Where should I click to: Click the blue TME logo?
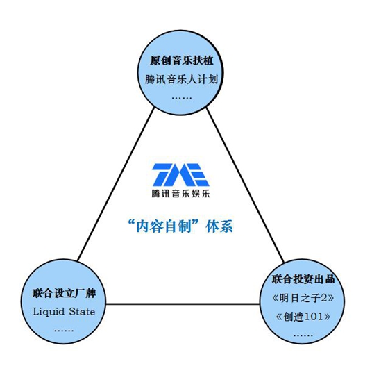pos(180,174)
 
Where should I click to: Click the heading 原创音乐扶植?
pos(182,60)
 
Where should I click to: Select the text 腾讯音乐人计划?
pos(181,79)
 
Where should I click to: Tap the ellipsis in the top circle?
pos(182,98)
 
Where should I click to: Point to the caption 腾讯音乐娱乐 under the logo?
pos(180,194)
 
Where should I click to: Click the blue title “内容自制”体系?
pos(180,226)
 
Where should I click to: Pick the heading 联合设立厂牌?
pos(64,293)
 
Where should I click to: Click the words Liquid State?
pos(64,312)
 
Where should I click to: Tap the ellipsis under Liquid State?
pos(64,331)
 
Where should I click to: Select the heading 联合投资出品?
pos(303,279)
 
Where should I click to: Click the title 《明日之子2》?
pos(303,298)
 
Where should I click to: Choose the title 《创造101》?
pos(303,317)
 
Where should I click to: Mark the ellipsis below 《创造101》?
pos(303,335)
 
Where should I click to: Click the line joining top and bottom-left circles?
pos(116,184)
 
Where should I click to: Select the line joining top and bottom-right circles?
pos(246,185)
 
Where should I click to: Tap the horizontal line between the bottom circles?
pos(183,304)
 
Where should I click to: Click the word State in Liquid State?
pos(82,312)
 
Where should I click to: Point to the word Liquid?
pos(49,312)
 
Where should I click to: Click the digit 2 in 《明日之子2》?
pos(323,298)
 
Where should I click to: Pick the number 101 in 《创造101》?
pos(314,317)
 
